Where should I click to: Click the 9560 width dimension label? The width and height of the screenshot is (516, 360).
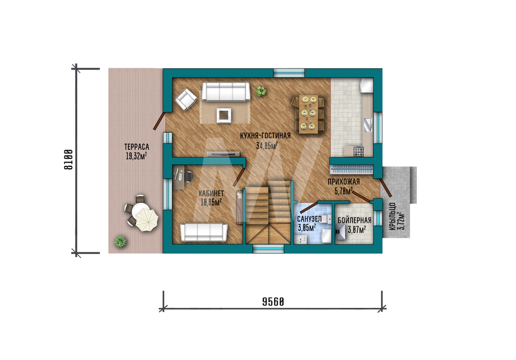click(273, 302)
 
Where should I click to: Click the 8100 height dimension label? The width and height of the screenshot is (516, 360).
click(68, 160)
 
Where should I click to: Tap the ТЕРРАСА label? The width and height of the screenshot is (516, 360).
click(137, 147)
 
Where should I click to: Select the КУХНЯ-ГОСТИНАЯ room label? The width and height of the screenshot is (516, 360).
click(265, 136)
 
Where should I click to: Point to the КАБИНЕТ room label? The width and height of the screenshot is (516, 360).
click(211, 193)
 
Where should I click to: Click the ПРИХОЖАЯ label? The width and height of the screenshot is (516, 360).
click(344, 181)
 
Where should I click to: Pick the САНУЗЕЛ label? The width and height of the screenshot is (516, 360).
click(309, 219)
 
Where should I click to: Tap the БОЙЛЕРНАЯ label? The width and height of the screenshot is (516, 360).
click(354, 221)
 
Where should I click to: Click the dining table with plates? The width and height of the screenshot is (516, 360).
click(309, 114)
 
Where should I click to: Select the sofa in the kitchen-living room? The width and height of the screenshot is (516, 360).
click(226, 91)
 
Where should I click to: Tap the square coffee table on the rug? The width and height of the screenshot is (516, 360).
click(224, 115)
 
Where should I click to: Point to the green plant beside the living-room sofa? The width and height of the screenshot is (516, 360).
click(261, 91)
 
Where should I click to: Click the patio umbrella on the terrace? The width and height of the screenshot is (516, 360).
click(147, 220)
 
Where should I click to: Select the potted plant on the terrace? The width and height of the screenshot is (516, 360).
click(120, 241)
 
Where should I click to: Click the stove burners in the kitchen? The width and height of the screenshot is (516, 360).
click(359, 151)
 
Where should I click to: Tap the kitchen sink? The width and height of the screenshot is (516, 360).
click(368, 125)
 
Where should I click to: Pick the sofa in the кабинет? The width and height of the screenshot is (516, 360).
click(204, 232)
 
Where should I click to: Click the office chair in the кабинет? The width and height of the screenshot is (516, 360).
click(188, 177)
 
